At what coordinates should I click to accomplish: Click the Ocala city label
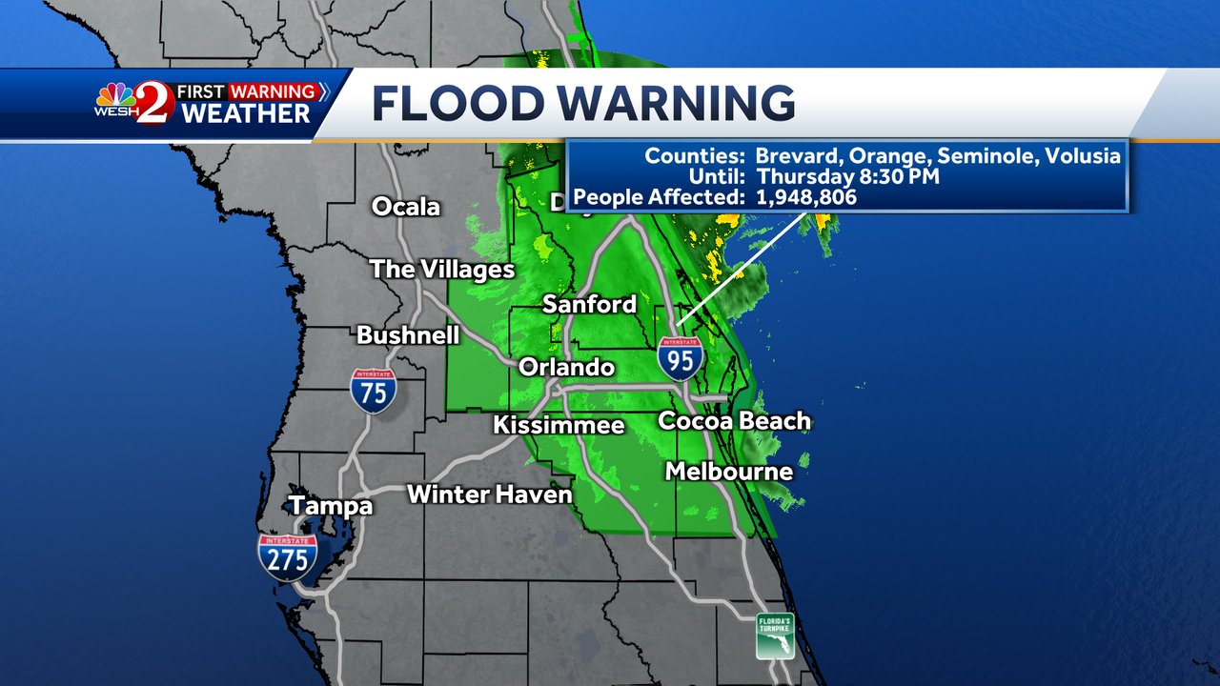(x=406, y=206)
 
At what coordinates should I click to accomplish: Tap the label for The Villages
(x=442, y=270)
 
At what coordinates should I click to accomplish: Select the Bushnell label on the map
(x=408, y=334)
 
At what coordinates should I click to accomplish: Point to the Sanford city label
(x=589, y=304)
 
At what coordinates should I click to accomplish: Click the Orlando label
(x=566, y=367)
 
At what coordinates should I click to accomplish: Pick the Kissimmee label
(x=559, y=425)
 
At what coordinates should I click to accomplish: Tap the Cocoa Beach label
(x=734, y=420)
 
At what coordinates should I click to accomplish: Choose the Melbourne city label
(x=729, y=471)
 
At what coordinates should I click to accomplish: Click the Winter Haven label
(x=490, y=494)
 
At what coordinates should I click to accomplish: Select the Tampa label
(x=331, y=505)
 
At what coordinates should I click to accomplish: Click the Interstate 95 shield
(x=681, y=358)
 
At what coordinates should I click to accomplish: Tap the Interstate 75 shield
(x=373, y=391)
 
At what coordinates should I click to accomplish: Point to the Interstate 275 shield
(x=288, y=557)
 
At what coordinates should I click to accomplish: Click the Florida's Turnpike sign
(x=775, y=636)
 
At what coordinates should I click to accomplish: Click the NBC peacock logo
(x=115, y=95)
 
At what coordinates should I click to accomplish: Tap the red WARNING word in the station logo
(x=273, y=92)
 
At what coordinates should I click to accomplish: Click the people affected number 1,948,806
(x=806, y=197)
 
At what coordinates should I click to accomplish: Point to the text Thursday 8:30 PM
(x=848, y=176)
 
